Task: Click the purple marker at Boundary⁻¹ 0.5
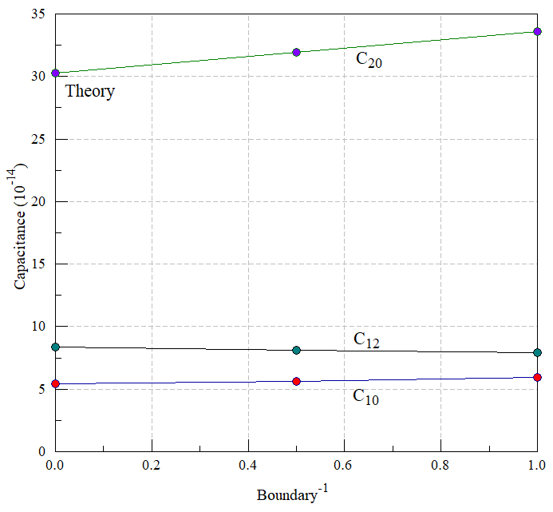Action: pos(296,52)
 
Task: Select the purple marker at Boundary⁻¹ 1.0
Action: pos(537,32)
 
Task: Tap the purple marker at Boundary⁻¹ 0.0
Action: pos(55,73)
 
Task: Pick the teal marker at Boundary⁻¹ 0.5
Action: pos(296,350)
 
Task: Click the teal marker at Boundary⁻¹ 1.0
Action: pos(537,352)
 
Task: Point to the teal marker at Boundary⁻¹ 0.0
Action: pos(55,347)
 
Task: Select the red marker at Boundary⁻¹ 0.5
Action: pos(296,381)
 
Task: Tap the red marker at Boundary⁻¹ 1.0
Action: pos(537,378)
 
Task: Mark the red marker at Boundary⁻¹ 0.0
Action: pos(55,384)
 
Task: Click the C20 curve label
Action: pos(369,60)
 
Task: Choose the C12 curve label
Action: pos(366,340)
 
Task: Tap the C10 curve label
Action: pos(365,397)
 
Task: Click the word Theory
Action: pos(90,91)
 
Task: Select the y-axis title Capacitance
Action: pos(19,250)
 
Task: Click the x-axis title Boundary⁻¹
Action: pos(292,494)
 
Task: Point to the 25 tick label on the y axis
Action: pos(38,139)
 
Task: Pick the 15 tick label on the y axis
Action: pos(38,264)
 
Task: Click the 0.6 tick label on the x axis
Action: pos(343,465)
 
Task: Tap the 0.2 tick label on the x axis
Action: pos(151,465)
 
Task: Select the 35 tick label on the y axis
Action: pos(38,14)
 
